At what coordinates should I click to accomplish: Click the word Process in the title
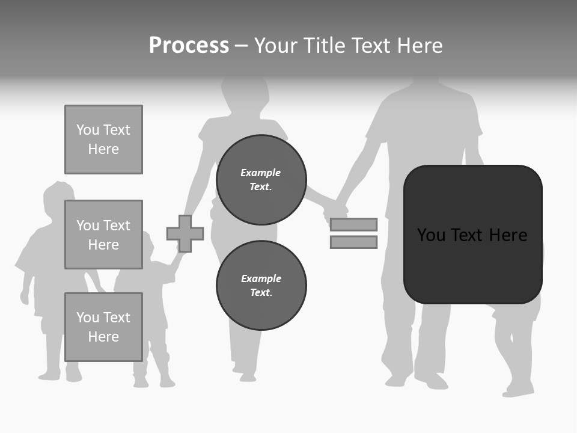[189, 46]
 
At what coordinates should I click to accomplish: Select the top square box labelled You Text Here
[103, 140]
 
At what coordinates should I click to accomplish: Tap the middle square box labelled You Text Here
[103, 235]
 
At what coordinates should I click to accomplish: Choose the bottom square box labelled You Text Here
[103, 327]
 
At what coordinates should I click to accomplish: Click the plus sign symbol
[185, 233]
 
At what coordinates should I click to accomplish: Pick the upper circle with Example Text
[261, 180]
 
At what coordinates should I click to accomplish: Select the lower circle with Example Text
[261, 286]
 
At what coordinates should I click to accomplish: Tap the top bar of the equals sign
[353, 224]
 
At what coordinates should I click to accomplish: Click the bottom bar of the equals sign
[353, 242]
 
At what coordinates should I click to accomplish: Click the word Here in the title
[418, 46]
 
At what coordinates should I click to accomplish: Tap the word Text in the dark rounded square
[471, 235]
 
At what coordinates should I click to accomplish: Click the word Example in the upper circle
[261, 173]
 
